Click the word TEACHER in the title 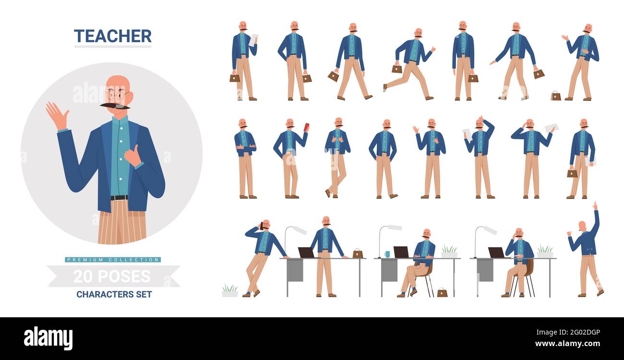[x=112, y=36]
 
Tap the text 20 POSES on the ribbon [x=112, y=276]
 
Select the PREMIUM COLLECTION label [x=113, y=260]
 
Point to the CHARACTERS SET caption [x=114, y=294]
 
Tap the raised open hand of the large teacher [x=57, y=115]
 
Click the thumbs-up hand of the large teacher [x=132, y=155]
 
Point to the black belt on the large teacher [x=119, y=197]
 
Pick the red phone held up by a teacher [x=307, y=127]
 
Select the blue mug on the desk [x=387, y=254]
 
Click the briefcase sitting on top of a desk [x=358, y=253]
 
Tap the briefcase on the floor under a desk [x=442, y=292]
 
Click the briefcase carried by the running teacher [x=396, y=69]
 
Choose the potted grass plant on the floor [x=229, y=291]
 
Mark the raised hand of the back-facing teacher [x=595, y=206]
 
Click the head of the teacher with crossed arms [x=242, y=123]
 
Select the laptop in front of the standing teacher [x=306, y=252]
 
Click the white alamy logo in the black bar [x=48, y=338]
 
